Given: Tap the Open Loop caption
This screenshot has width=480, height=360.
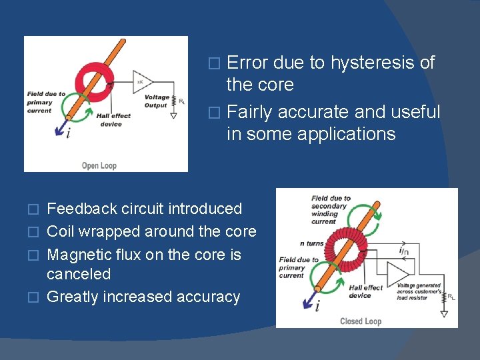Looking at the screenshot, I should click(99, 165).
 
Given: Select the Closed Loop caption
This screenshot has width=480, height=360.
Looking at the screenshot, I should click(361, 321).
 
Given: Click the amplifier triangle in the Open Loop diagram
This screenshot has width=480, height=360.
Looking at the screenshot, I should click(141, 82).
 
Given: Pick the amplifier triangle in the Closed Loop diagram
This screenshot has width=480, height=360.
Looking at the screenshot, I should click(397, 273).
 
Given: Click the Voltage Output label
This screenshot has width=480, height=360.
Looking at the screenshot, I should click(157, 101).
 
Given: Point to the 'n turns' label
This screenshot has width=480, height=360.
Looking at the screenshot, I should click(311, 243).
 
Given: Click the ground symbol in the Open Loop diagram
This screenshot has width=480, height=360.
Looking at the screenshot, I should click(173, 115).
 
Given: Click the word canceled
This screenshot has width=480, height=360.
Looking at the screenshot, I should click(79, 274).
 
